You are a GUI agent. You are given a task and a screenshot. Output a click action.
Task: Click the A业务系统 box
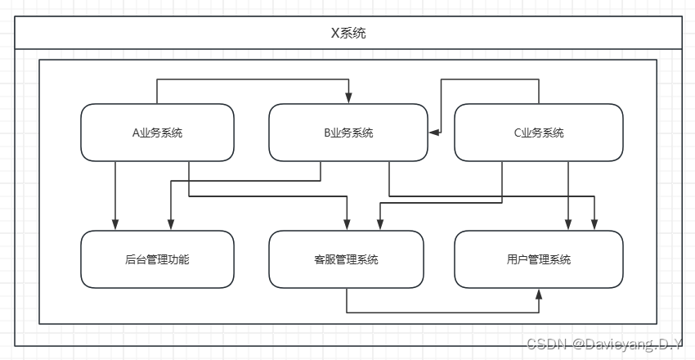tap(157, 132)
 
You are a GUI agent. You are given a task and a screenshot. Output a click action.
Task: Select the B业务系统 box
tap(348, 132)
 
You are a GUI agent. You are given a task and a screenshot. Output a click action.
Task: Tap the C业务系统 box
tap(537, 132)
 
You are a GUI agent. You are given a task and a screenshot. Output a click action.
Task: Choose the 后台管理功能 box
tap(157, 259)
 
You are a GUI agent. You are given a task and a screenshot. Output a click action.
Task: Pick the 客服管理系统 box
tap(346, 259)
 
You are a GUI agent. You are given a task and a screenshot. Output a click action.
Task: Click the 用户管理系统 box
tap(538, 259)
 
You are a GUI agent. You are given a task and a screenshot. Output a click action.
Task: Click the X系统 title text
tap(348, 34)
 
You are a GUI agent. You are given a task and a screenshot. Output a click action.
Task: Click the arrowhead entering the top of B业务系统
tap(348, 99)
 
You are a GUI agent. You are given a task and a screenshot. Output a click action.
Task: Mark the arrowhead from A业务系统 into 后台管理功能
tap(115, 225)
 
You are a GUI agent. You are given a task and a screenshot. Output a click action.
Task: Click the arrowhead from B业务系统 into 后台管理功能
tap(170, 225)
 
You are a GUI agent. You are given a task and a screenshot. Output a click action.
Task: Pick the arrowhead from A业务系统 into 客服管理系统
tap(348, 225)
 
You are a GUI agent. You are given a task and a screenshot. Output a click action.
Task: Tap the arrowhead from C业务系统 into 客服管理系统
tap(379, 225)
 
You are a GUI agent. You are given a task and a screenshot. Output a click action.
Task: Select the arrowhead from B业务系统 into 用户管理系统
tap(594, 225)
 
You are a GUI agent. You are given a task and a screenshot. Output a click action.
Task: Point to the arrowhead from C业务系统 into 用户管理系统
tap(569, 225)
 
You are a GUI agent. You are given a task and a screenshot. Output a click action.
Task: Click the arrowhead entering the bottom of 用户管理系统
tap(538, 293)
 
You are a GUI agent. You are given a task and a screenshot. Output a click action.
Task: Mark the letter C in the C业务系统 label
tap(513, 133)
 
